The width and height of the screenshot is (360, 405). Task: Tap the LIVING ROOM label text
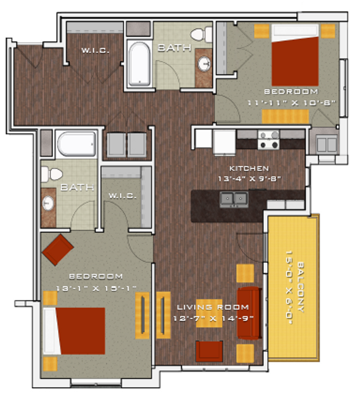pyautogui.click(x=213, y=307)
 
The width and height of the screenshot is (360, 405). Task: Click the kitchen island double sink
pyautogui.click(x=233, y=199)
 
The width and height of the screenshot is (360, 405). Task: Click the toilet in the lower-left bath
pyautogui.click(x=51, y=173)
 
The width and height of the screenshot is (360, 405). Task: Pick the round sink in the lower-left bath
pyautogui.click(x=48, y=204)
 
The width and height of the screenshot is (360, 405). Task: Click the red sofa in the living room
pyautogui.click(x=249, y=313)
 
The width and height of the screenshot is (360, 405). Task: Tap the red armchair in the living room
pyautogui.click(x=209, y=351)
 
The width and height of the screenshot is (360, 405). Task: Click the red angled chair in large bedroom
pyautogui.click(x=58, y=249)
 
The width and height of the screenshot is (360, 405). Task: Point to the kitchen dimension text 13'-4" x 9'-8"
pyautogui.click(x=249, y=178)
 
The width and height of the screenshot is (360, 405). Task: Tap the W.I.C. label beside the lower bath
pyautogui.click(x=122, y=196)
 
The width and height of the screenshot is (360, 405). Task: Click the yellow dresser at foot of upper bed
pyautogui.click(x=285, y=116)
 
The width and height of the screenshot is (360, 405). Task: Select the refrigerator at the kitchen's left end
pyautogui.click(x=224, y=142)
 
